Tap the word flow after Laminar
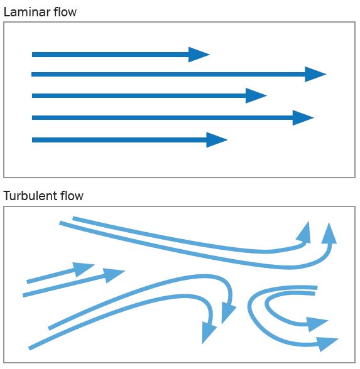(x=65, y=12)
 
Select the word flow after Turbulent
(x=72, y=196)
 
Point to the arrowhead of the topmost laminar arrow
(x=199, y=55)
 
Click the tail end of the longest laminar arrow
(x=32, y=74)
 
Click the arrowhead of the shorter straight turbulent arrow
(x=84, y=269)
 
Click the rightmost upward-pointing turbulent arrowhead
(x=329, y=233)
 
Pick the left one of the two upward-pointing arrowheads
(x=304, y=232)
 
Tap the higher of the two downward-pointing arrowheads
(x=228, y=313)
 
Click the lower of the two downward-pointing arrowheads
(x=209, y=333)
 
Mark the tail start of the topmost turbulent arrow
(x=74, y=218)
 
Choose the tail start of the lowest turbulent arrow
(x=30, y=348)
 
